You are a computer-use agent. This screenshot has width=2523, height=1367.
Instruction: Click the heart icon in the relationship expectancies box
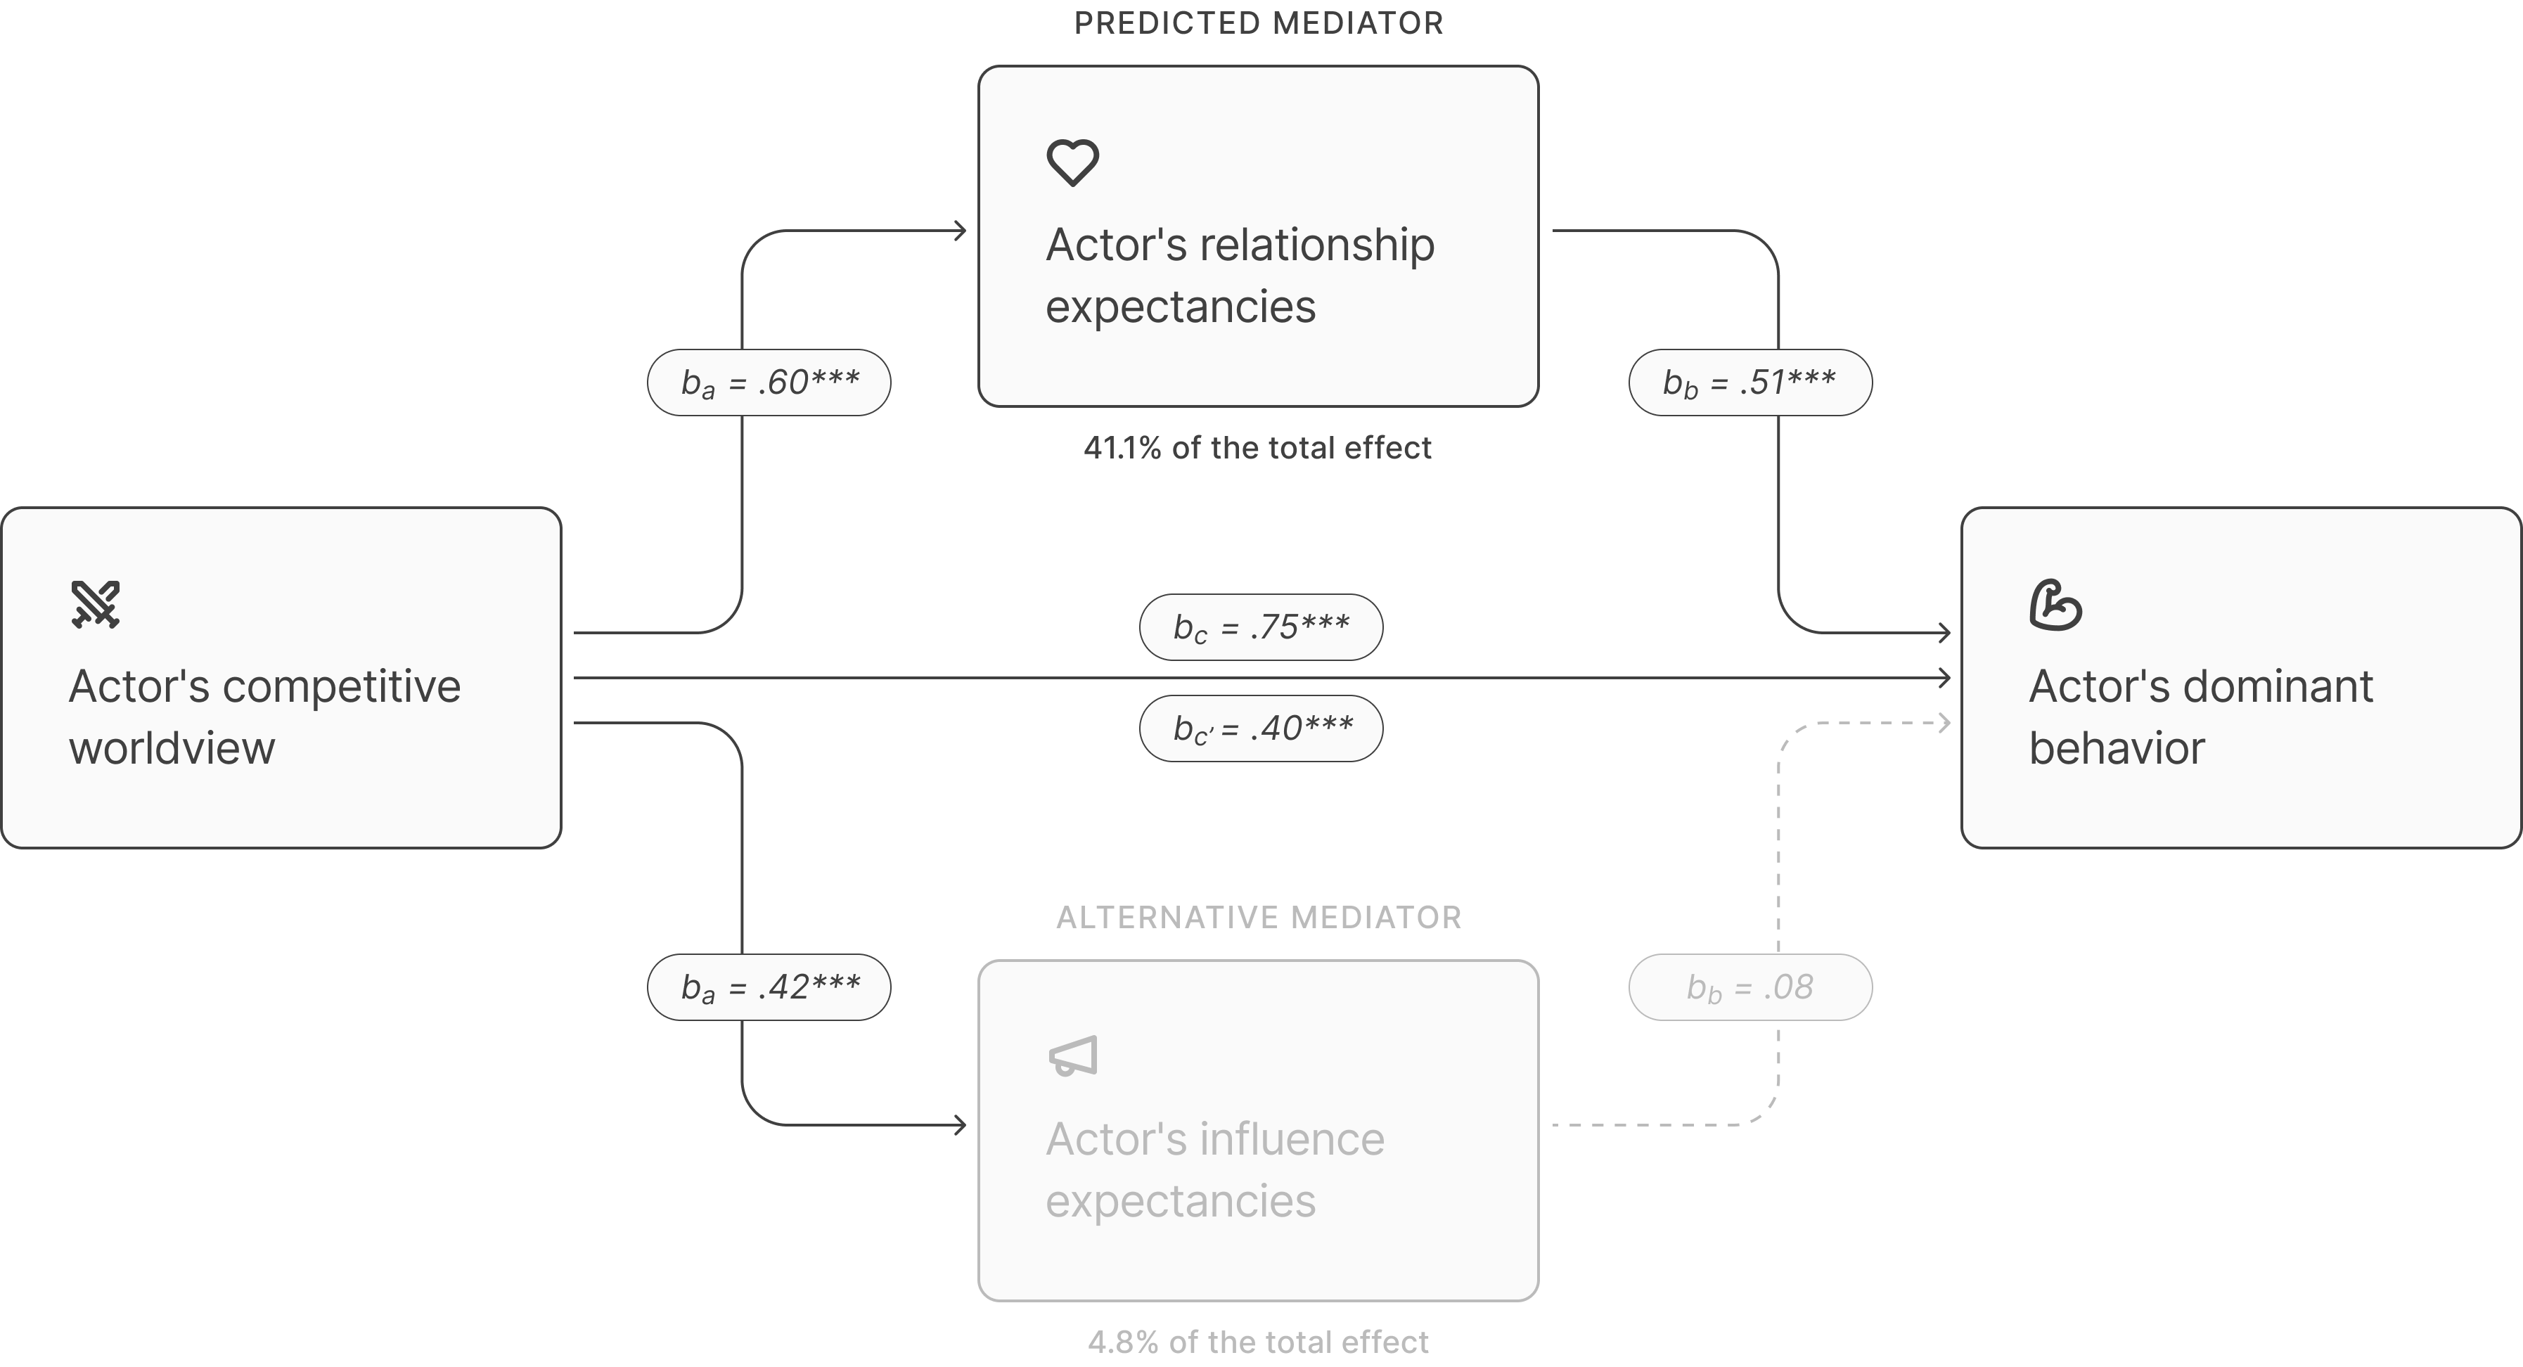click(1072, 162)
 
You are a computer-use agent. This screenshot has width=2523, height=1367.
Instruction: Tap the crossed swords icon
click(95, 604)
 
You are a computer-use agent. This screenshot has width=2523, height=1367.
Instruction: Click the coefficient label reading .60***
click(769, 383)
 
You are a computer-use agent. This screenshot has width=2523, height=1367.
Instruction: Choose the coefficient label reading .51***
click(1750, 383)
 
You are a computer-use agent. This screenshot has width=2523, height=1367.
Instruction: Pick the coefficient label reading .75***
click(1261, 627)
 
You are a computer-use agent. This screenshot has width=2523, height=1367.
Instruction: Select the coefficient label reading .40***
click(1261, 729)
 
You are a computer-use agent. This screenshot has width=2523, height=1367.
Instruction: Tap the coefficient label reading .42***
click(769, 987)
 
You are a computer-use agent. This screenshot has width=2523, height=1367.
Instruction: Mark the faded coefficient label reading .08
click(1750, 987)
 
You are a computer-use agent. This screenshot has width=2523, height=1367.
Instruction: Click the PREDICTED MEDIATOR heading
click(1259, 23)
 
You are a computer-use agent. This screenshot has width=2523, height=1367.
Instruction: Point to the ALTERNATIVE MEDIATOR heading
click(1259, 918)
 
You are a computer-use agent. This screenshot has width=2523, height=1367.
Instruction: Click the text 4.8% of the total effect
click(1257, 1342)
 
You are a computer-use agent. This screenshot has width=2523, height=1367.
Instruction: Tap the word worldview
click(172, 749)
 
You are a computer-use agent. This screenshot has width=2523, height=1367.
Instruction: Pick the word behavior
click(2117, 749)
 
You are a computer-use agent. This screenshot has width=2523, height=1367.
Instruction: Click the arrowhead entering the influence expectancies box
click(961, 1125)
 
